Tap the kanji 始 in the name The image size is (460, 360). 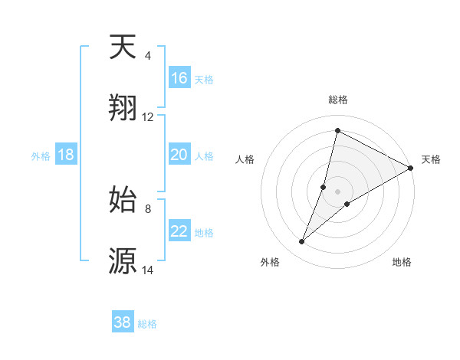[x=123, y=198]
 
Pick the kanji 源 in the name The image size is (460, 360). [x=123, y=260]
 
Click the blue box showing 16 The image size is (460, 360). [x=179, y=78]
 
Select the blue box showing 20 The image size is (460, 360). [x=179, y=155]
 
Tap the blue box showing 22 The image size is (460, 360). [x=179, y=231]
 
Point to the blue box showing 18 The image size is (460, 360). [x=66, y=155]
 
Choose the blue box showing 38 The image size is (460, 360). [x=123, y=322]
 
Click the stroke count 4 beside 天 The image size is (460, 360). [x=148, y=56]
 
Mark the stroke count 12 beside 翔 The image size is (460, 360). [x=148, y=117]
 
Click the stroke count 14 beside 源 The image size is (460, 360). [x=148, y=270]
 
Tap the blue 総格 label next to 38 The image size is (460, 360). [x=147, y=324]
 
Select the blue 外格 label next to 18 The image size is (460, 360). [x=41, y=156]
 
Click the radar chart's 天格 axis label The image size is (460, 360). [x=431, y=159]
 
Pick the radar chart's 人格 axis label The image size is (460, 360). [x=245, y=159]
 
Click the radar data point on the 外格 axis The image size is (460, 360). [x=302, y=242]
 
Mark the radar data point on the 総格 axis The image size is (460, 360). [x=337, y=129]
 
